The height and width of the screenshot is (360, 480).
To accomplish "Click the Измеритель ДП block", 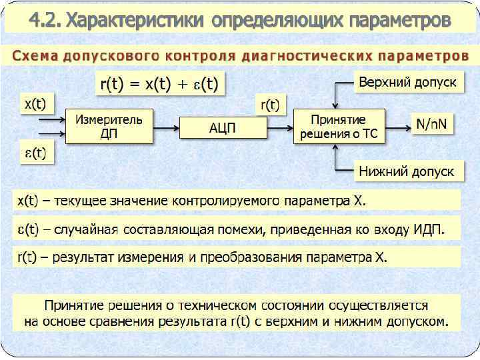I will pyautogui.click(x=109, y=126).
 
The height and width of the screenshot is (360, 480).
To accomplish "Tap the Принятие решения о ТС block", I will pyautogui.click(x=339, y=126).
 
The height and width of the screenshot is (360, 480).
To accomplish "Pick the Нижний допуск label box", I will pyautogui.click(x=407, y=171).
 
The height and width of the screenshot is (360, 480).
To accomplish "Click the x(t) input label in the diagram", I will pyautogui.click(x=35, y=105).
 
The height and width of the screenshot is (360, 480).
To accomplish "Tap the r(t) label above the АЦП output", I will pyautogui.click(x=270, y=105).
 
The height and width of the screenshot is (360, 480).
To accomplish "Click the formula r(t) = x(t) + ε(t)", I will pyautogui.click(x=160, y=84).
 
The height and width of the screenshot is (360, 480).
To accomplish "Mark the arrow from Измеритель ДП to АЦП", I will pyautogui.click(x=167, y=126).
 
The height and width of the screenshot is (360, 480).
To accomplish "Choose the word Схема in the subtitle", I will pyautogui.click(x=36, y=55).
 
